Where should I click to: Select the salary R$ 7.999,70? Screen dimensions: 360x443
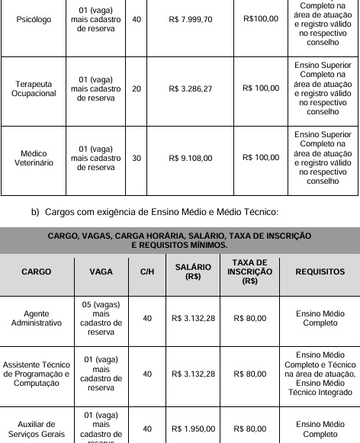click(x=190, y=19)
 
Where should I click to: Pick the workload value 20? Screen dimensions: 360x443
click(x=137, y=88)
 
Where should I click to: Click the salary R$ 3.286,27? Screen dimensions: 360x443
click(x=190, y=88)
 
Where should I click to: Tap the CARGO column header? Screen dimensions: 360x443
click(x=37, y=271)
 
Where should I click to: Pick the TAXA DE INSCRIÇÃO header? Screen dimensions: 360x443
click(x=249, y=271)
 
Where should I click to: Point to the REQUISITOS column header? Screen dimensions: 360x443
click(x=320, y=271)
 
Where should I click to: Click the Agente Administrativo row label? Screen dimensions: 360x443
click(x=37, y=318)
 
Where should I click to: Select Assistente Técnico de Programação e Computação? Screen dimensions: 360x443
click(x=37, y=374)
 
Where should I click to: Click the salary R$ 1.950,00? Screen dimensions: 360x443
click(x=193, y=429)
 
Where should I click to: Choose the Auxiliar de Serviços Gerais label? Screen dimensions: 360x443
click(x=37, y=430)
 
